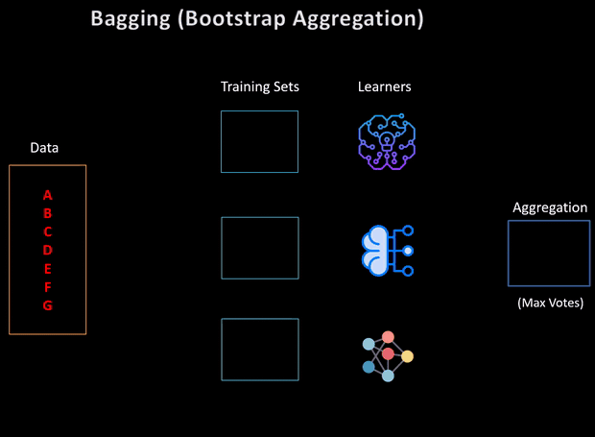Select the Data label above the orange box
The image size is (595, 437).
(x=45, y=148)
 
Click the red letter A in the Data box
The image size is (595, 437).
(x=48, y=195)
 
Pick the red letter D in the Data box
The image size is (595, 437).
(x=48, y=250)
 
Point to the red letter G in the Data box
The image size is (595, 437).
(x=48, y=305)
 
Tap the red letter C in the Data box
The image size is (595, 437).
(x=48, y=231)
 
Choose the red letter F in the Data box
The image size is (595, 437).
(x=48, y=287)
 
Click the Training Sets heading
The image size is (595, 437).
(x=260, y=87)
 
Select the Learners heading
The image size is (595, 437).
(x=384, y=87)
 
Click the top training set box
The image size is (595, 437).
(x=259, y=141)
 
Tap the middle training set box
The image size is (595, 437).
(x=259, y=248)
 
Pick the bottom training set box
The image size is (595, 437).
(x=259, y=350)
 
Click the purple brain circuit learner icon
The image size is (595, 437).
(x=384, y=142)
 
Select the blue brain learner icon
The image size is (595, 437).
(x=386, y=251)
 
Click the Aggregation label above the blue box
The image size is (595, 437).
(x=550, y=207)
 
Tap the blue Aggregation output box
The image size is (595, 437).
(x=549, y=254)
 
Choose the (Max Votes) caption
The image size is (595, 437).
(x=550, y=303)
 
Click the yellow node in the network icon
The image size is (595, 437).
(x=408, y=356)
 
